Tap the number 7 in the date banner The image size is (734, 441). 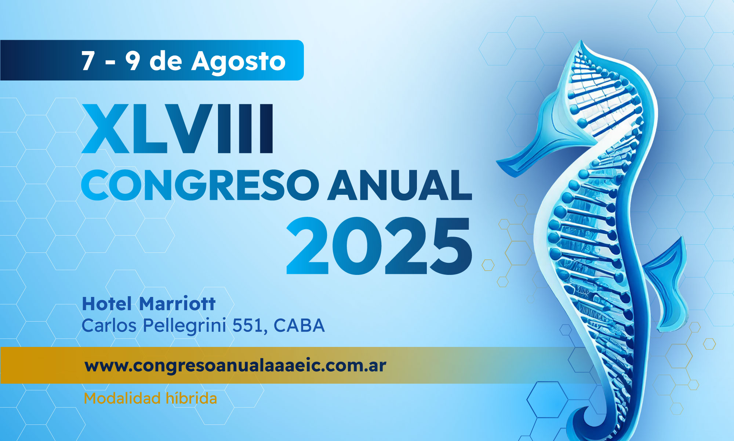tap(88, 61)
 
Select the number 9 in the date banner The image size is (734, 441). tap(132, 61)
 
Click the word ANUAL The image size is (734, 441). tap(400, 185)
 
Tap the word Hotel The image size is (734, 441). tap(107, 304)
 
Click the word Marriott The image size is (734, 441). tap(178, 304)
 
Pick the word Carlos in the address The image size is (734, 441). tap(109, 326)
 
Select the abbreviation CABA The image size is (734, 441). tap(299, 326)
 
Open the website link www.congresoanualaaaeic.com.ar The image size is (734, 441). tap(235, 366)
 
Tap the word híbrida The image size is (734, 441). tap(191, 398)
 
